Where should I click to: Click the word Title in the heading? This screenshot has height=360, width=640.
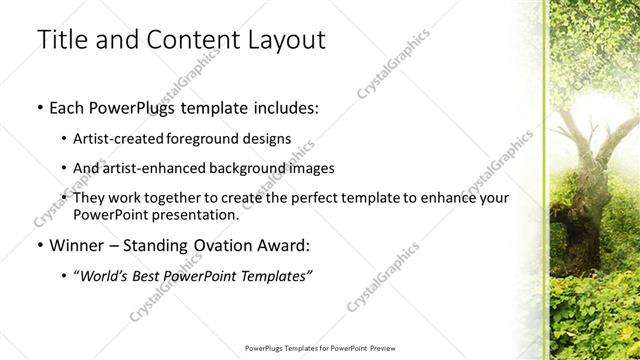(x=62, y=41)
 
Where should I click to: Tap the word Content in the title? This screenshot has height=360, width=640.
(x=183, y=41)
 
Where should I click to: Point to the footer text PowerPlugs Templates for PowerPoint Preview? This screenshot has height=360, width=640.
(x=319, y=349)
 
